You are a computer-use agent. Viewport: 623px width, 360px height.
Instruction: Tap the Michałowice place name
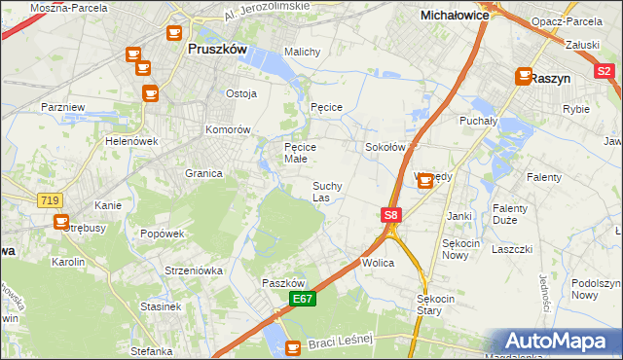(454, 16)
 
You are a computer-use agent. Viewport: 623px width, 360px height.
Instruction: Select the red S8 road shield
(390, 214)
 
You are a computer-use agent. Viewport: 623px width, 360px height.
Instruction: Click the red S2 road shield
(604, 71)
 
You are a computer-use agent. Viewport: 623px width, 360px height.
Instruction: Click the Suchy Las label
(326, 191)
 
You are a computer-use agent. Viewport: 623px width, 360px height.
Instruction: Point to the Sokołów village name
(384, 147)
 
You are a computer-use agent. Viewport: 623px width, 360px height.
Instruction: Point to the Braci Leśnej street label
(346, 342)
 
